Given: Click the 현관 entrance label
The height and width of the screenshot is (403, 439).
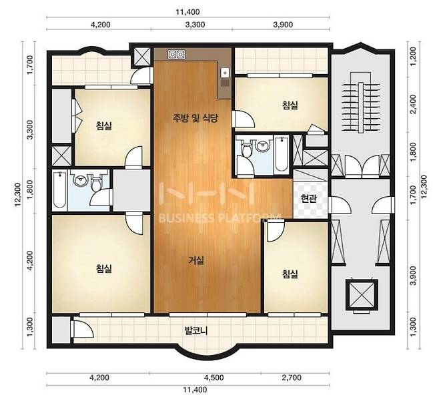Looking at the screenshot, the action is click(309, 199).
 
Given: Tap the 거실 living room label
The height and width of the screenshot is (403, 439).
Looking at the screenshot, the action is click(196, 260).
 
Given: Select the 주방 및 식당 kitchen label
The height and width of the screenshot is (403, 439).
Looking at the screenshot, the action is click(195, 118).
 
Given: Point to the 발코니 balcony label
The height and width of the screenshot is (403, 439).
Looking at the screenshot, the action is click(195, 331).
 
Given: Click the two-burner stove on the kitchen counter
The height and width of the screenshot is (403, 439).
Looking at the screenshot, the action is click(176, 54).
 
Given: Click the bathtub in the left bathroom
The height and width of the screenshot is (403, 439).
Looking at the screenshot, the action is click(59, 189).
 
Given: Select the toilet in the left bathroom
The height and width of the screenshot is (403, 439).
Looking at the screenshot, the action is click(97, 181).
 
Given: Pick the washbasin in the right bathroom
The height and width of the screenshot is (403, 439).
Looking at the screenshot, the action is click(262, 145).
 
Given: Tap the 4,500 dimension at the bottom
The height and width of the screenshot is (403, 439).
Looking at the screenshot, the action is click(214, 378).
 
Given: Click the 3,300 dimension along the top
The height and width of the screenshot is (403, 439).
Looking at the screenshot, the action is click(195, 25).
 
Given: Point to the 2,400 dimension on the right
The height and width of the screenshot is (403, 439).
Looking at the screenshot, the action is click(413, 104).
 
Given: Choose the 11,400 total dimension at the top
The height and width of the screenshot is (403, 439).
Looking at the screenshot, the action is click(188, 12).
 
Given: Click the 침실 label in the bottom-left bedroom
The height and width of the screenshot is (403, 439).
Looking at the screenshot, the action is click(104, 269).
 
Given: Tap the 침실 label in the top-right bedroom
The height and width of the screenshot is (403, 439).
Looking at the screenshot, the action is click(290, 105).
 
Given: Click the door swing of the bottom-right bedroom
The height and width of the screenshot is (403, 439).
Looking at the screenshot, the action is click(275, 232).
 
